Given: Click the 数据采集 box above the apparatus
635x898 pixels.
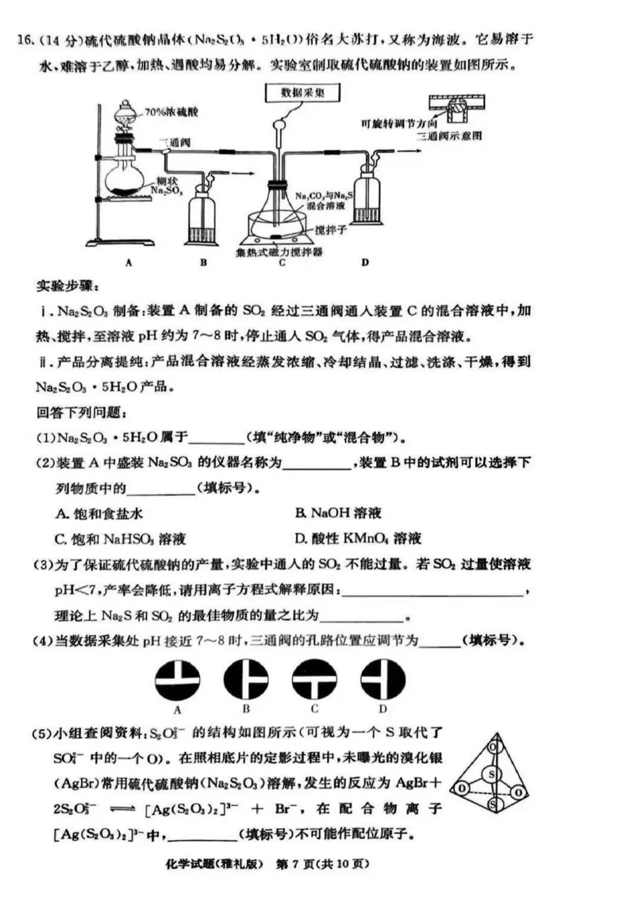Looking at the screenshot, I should pos(299,94).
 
